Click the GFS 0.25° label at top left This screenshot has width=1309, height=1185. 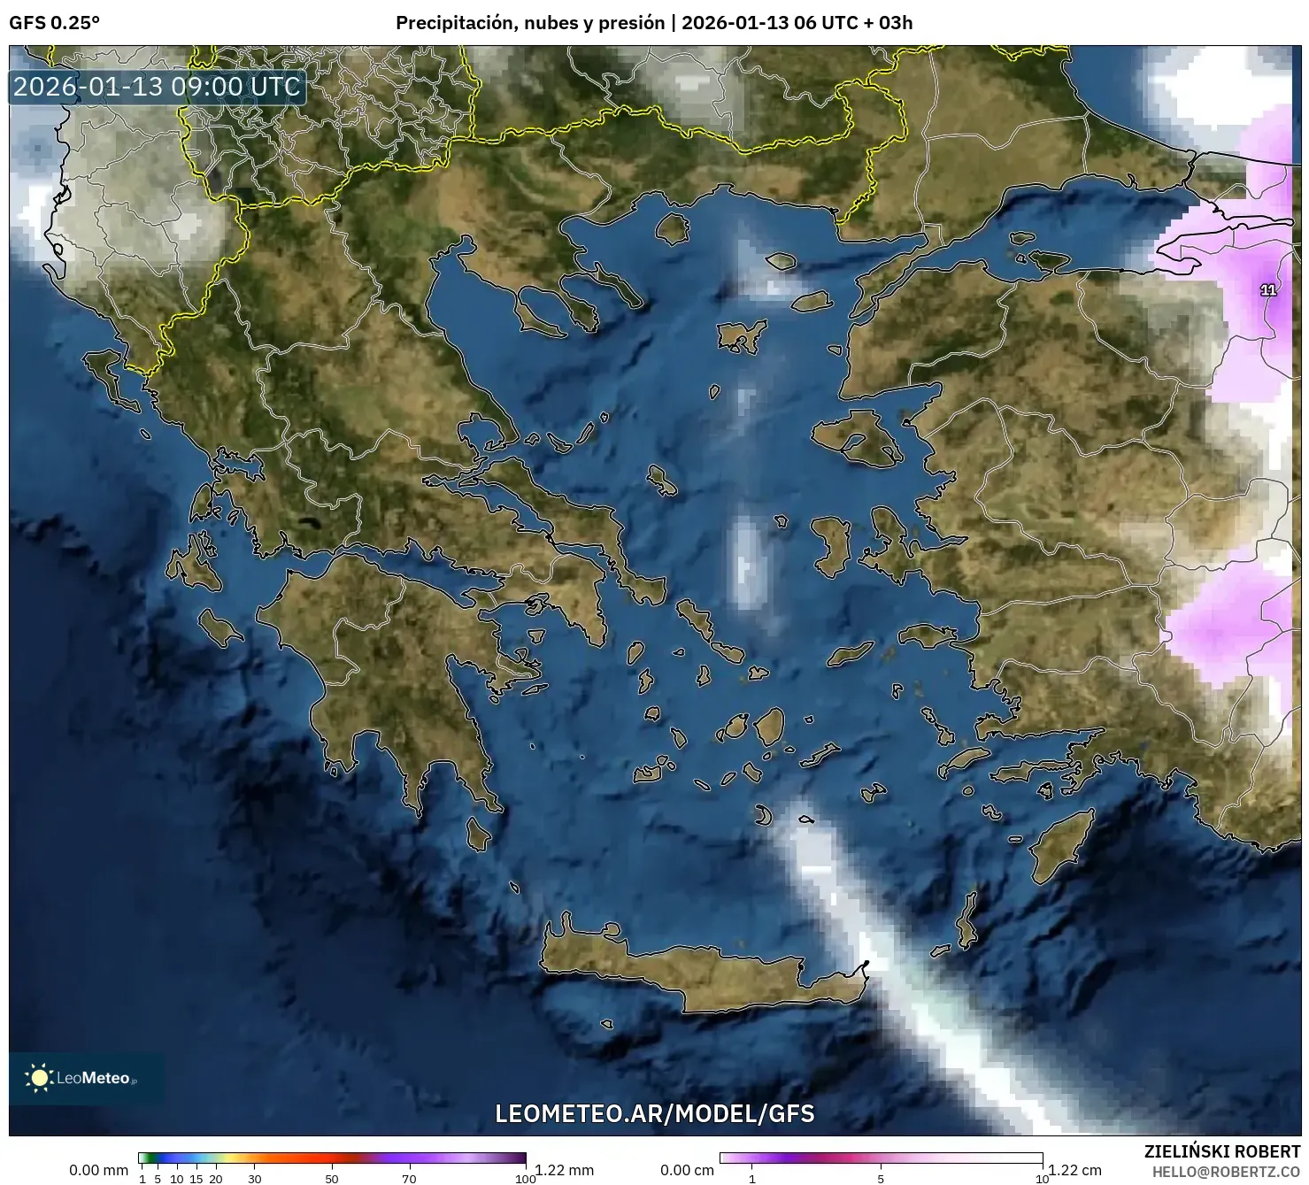[x=54, y=23]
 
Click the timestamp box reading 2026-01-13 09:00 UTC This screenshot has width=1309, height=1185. [x=158, y=87]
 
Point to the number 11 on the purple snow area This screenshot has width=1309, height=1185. [x=1267, y=290]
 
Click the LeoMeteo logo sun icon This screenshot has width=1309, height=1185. [x=39, y=1077]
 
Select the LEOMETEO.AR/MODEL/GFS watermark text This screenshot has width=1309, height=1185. [x=654, y=1112]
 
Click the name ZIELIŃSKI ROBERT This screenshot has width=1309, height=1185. [x=1221, y=1151]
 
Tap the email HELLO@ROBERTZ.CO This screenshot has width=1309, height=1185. [x=1226, y=1171]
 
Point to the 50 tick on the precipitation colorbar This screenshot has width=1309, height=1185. [x=332, y=1178]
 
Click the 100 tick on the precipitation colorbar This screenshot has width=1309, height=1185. [x=525, y=1178]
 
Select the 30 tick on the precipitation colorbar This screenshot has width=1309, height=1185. [x=255, y=1178]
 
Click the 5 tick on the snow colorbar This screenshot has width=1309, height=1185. [x=881, y=1178]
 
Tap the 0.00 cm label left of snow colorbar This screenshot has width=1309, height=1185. [x=687, y=1170]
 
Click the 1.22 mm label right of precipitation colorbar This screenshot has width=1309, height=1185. [x=564, y=1170]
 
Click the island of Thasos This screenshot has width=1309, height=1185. [x=672, y=228]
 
